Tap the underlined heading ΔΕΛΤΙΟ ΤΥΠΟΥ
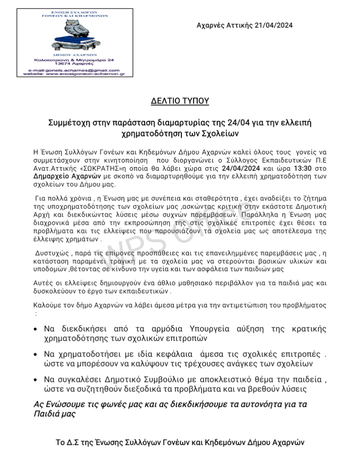(x=180, y=101)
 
